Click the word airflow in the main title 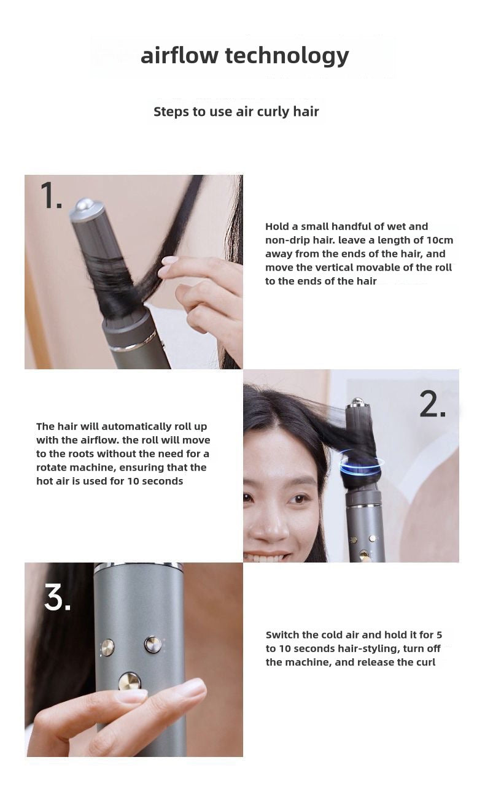pyautogui.click(x=179, y=55)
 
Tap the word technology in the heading pyautogui.click(x=287, y=56)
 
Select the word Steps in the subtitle pyautogui.click(x=171, y=112)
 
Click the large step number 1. pyautogui.click(x=50, y=196)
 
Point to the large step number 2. pyautogui.click(x=432, y=405)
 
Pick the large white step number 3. pyautogui.click(x=57, y=597)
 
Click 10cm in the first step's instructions pyautogui.click(x=440, y=240)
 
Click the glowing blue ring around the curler pyautogui.click(x=362, y=464)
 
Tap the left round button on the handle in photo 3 pyautogui.click(x=107, y=647)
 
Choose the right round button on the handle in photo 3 pyautogui.click(x=152, y=644)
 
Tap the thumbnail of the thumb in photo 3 pyautogui.click(x=131, y=696)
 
